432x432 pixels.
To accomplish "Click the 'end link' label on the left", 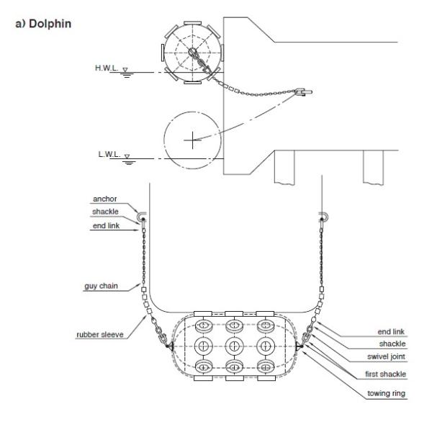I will pyautogui.click(x=105, y=226).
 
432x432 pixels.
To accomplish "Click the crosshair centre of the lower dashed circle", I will pyautogui.click(x=192, y=140).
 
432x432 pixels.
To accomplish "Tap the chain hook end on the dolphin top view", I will pyautogui.click(x=302, y=91).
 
